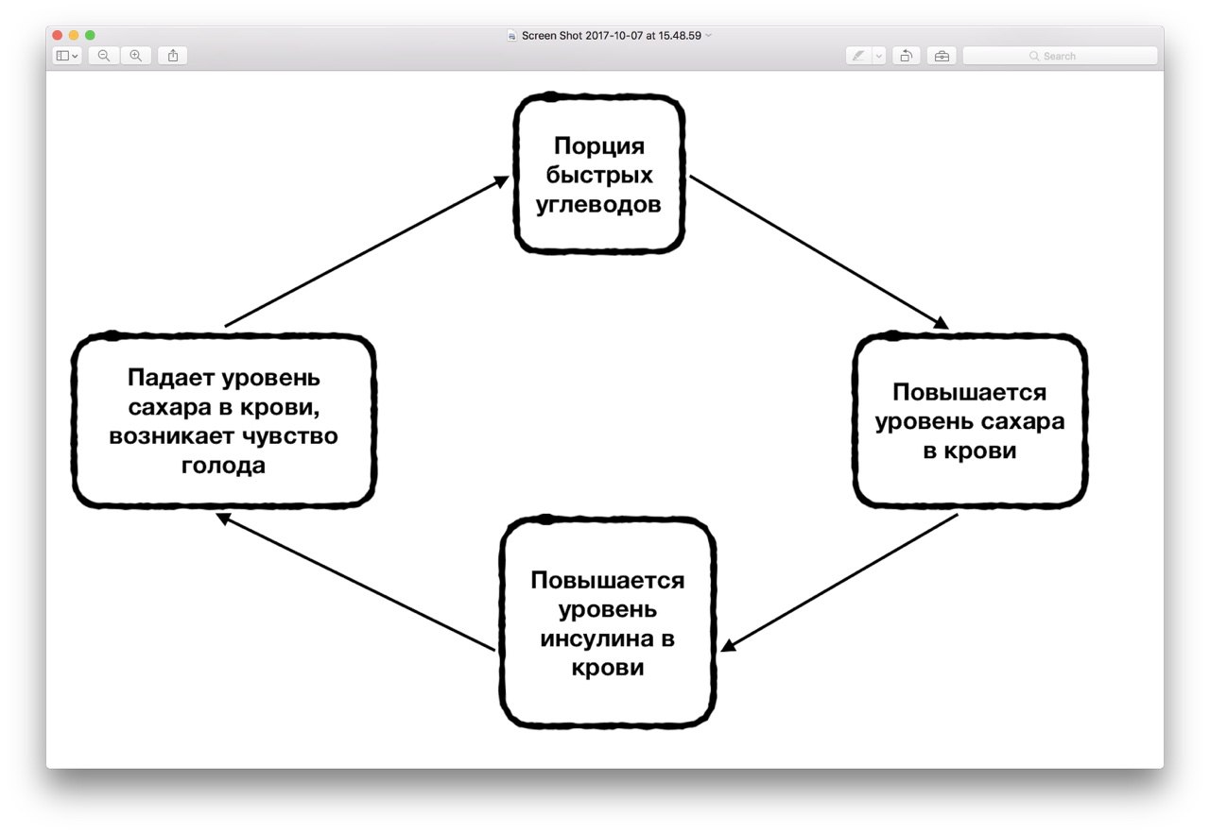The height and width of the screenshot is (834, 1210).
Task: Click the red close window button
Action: pyautogui.click(x=58, y=35)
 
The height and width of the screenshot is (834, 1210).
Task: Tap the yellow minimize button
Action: pyautogui.click(x=74, y=35)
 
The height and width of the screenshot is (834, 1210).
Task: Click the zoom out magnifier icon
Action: pyautogui.click(x=104, y=56)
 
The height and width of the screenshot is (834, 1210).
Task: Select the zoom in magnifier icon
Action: pyautogui.click(x=136, y=56)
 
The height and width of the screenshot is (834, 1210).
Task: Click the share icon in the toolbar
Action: pyautogui.click(x=173, y=56)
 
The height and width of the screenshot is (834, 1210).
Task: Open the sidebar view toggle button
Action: pyautogui.click(x=67, y=56)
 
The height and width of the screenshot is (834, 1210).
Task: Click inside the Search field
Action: pyautogui.click(x=1060, y=56)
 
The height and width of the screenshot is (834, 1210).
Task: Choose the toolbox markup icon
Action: pyautogui.click(x=942, y=56)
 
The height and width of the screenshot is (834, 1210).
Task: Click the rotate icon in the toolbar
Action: pyautogui.click(x=907, y=56)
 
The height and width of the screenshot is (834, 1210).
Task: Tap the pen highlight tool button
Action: pyautogui.click(x=858, y=56)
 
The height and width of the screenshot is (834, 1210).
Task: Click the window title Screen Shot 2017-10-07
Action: pyautogui.click(x=612, y=36)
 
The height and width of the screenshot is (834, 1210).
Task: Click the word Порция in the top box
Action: pyautogui.click(x=599, y=146)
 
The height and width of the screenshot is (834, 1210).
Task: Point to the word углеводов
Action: pyautogui.click(x=598, y=205)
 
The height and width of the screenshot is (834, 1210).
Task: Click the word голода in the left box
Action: pyautogui.click(x=223, y=466)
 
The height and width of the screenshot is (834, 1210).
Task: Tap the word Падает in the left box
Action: pyautogui.click(x=171, y=378)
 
